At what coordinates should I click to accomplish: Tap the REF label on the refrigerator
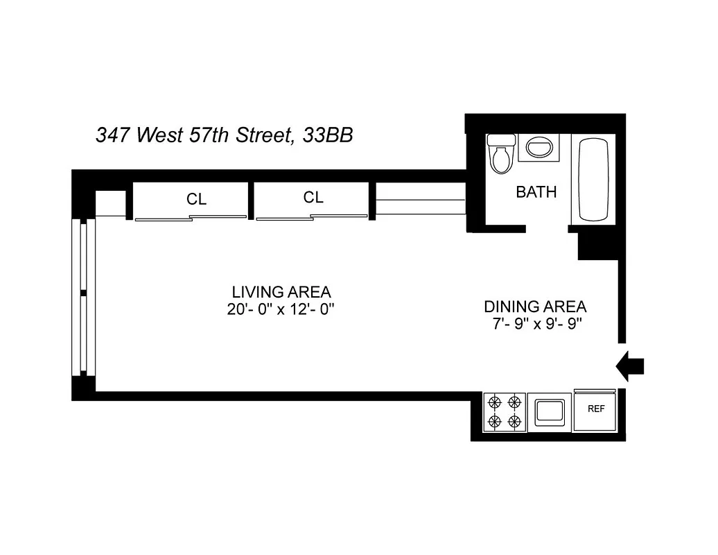pyautogui.click(x=596, y=409)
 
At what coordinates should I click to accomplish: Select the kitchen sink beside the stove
pyautogui.click(x=549, y=412)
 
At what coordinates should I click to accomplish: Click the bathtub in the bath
pyautogui.click(x=593, y=180)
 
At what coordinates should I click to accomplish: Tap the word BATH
pyautogui.click(x=536, y=192)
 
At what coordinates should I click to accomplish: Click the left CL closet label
pyautogui.click(x=196, y=199)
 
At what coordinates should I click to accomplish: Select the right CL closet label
pyautogui.click(x=313, y=198)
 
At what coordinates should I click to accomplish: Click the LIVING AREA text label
pyautogui.click(x=281, y=291)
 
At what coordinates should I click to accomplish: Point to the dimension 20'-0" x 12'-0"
pyautogui.click(x=281, y=310)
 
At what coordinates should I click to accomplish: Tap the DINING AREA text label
pyautogui.click(x=534, y=306)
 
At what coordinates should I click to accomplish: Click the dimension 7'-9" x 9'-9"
pyautogui.click(x=534, y=325)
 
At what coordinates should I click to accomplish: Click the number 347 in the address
pyautogui.click(x=113, y=135)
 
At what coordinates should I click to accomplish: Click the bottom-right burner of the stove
pyautogui.click(x=514, y=421)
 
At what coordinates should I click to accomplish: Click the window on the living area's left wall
pyautogui.click(x=83, y=297)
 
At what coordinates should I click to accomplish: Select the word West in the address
pyautogui.click(x=158, y=135)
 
